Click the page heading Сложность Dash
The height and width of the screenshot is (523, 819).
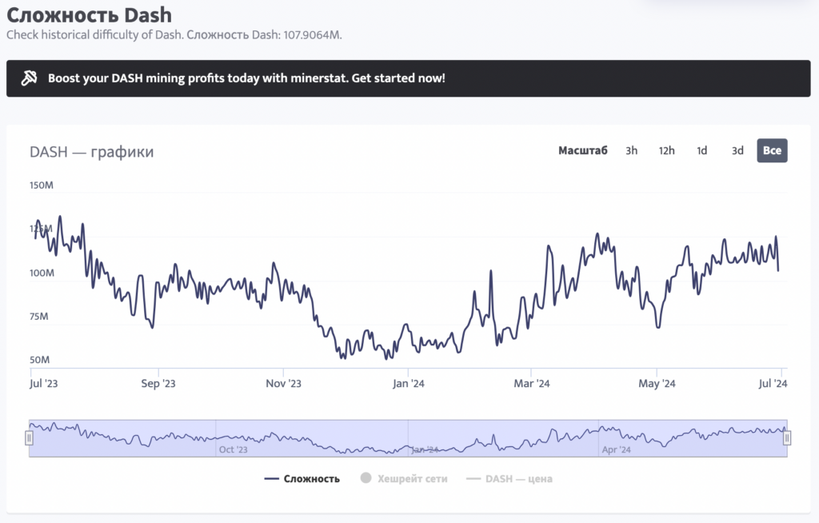coord(89,14)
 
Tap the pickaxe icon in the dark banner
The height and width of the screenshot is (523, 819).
coord(29,78)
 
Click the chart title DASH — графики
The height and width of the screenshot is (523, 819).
coord(91,152)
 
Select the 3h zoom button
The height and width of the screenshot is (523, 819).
coord(632,150)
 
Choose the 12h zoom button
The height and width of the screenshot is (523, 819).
coord(666,150)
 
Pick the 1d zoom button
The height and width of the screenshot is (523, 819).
coord(701,150)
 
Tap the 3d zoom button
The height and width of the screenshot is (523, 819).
coord(737,150)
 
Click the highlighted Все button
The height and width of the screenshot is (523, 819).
coord(772,150)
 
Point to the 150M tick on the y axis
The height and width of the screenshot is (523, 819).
coord(42,186)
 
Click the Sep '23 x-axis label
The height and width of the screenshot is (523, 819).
coord(158,384)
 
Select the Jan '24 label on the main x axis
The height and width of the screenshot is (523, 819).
coord(408,384)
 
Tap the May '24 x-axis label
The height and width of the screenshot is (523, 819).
coord(657,384)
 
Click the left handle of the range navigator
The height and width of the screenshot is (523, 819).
coord(30,438)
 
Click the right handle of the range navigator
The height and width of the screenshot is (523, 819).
coord(787,438)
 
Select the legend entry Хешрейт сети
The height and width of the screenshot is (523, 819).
coord(404,479)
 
